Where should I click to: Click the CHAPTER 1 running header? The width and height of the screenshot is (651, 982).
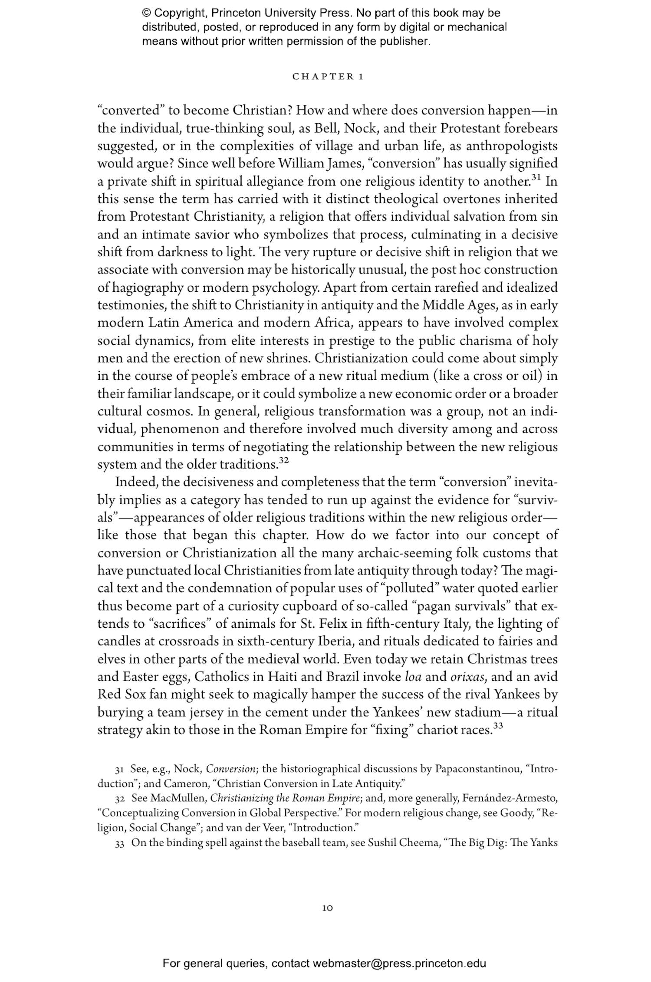tap(328, 77)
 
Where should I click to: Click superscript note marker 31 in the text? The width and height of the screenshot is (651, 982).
tap(536, 178)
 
